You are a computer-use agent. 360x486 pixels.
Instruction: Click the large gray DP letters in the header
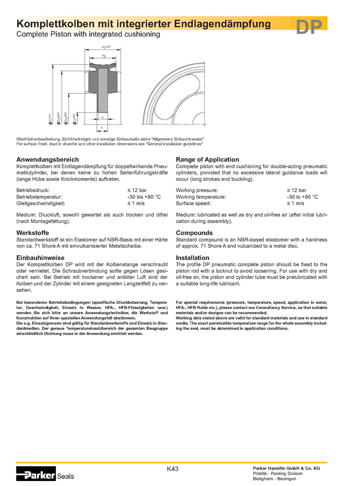(x=309, y=27)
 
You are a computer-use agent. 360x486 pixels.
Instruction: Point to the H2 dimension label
(x=103, y=55)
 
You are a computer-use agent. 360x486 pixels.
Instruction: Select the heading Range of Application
(x=207, y=159)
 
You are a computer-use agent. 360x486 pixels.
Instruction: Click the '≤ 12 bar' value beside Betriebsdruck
(x=137, y=190)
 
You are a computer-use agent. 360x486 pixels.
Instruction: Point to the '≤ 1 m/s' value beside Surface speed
(x=295, y=203)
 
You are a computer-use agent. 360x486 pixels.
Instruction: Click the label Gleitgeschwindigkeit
(x=41, y=203)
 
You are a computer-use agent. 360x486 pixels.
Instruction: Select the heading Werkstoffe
(x=33, y=232)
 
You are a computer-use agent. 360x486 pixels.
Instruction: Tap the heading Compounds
(x=194, y=232)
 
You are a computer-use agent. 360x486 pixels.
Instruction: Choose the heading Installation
(x=192, y=257)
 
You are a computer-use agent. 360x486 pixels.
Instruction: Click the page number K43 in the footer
(x=172, y=468)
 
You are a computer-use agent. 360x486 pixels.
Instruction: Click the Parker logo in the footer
(x=36, y=474)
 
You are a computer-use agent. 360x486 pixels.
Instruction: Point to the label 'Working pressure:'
(x=197, y=190)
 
